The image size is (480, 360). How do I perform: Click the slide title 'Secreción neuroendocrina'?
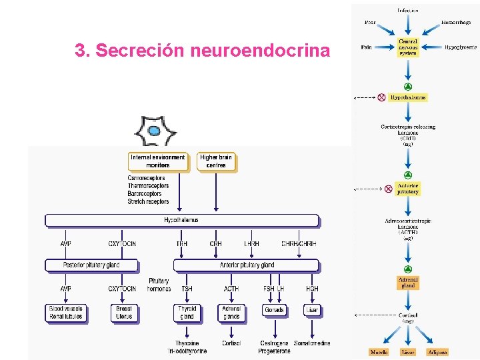click(x=202, y=51)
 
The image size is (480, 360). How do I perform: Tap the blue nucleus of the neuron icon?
click(x=154, y=131)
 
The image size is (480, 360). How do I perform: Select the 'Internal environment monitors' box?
click(x=158, y=161)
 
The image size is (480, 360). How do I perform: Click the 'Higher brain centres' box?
click(x=216, y=161)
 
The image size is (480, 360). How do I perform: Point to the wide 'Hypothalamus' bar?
click(x=181, y=220)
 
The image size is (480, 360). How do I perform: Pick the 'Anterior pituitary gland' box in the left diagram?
click(x=247, y=265)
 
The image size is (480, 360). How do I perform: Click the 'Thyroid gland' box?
click(x=187, y=313)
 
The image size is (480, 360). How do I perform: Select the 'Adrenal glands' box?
click(x=231, y=313)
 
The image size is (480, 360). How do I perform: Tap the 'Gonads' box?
click(x=274, y=310)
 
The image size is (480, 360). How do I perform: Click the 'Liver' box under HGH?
click(x=312, y=310)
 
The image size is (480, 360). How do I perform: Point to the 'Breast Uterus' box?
click(x=124, y=313)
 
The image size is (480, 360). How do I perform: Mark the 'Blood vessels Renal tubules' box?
click(x=65, y=313)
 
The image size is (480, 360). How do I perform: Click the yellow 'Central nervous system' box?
click(x=408, y=47)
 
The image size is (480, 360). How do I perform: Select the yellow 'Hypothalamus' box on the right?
click(x=408, y=97)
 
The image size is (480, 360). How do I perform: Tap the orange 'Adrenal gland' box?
click(x=408, y=283)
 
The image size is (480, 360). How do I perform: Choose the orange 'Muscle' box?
click(x=378, y=351)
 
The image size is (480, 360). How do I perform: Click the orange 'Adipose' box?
click(x=437, y=351)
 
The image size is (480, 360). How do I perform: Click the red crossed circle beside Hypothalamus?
click(x=381, y=97)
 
